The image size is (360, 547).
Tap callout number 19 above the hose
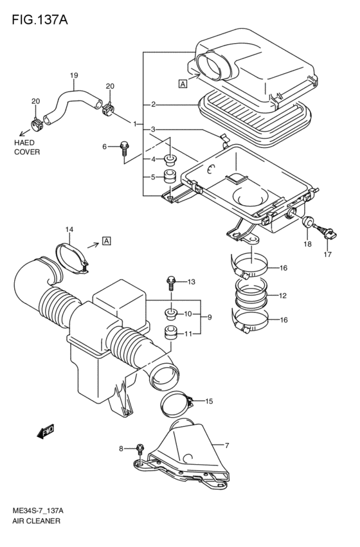tap(74, 76)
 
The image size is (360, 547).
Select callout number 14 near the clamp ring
tap(69, 229)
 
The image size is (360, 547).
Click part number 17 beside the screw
tap(328, 255)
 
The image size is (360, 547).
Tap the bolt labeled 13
tap(171, 282)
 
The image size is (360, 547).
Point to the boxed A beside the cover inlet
tap(183, 83)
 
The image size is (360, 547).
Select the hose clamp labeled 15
tap(177, 403)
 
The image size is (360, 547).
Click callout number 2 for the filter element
tap(153, 104)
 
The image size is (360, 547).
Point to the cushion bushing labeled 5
tap(171, 176)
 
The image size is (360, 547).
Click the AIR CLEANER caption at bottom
tap(36, 521)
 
